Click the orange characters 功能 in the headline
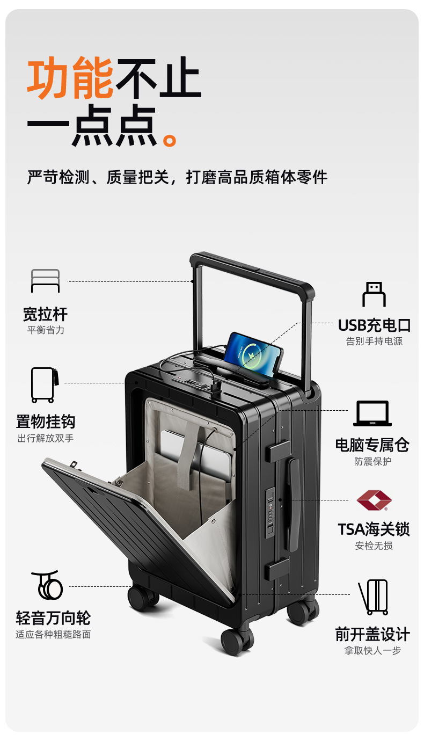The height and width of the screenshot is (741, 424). coord(70,78)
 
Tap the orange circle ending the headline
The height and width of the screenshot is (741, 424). coord(170,140)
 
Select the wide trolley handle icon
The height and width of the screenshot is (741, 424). coord(46,281)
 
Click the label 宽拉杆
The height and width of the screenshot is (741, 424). coord(46,314)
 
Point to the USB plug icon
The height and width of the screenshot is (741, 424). coord(374,294)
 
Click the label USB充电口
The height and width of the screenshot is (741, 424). coord(374,325)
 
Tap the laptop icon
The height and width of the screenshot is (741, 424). coord(372,414)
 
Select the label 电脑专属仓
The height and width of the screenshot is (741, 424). coord(372,445)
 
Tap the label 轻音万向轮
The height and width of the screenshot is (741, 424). coord(53,618)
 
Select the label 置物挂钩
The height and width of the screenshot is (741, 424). coord(46,422)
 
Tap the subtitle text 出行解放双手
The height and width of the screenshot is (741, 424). coord(46,438)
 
